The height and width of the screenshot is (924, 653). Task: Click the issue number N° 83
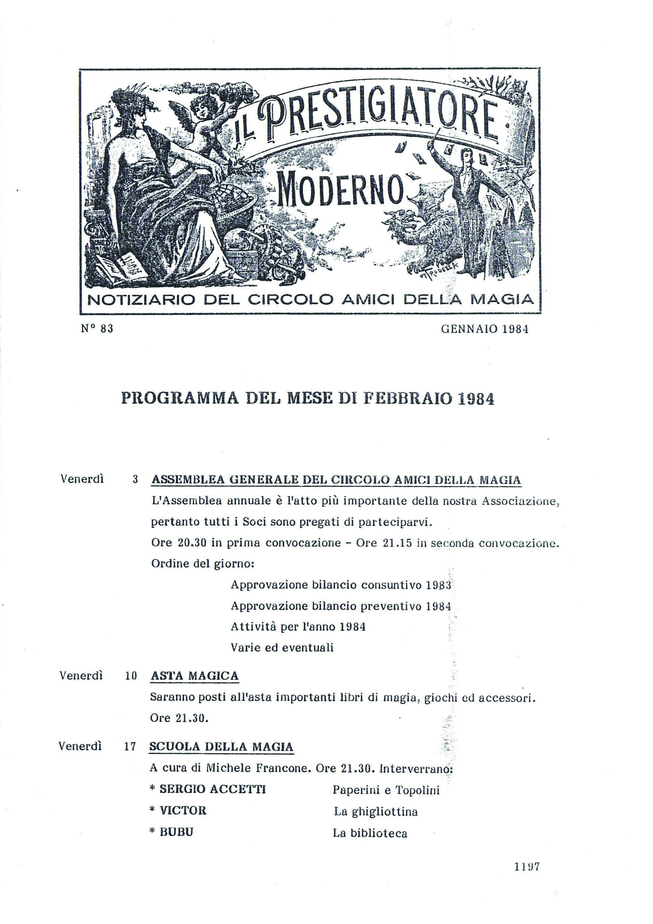coord(97,329)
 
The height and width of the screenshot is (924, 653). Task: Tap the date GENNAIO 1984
coord(484,329)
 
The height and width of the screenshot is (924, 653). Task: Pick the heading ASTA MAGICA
coord(195,676)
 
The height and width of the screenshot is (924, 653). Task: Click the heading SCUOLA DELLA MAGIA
coord(221,747)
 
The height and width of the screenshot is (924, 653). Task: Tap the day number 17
coord(130,747)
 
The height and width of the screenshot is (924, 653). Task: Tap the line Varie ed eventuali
coord(282,648)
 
